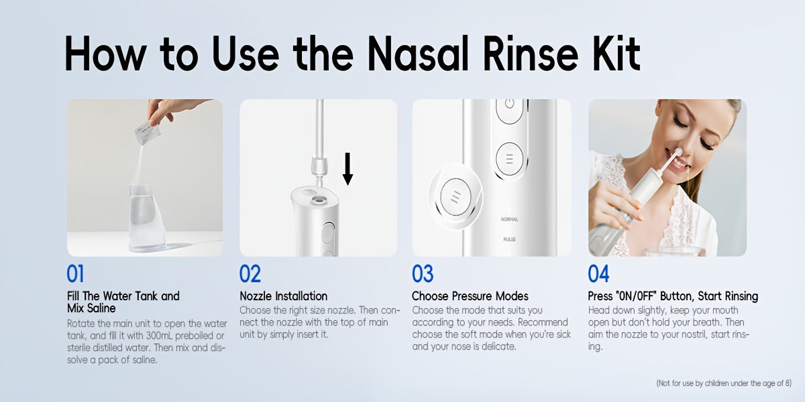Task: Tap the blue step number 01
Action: point(75,274)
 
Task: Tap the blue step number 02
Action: point(250,274)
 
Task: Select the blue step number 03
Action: point(423,274)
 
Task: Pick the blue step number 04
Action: point(598,274)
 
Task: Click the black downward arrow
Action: point(347,169)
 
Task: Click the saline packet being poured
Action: point(148,133)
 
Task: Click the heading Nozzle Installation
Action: point(284,296)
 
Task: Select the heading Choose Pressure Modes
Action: point(470,296)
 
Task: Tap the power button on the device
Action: point(510,108)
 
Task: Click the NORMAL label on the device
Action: point(510,219)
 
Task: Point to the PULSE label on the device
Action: point(510,239)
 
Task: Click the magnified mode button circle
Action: point(455,197)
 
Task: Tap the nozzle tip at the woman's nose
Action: point(678,152)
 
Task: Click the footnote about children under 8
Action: point(724,383)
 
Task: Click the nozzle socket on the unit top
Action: point(317,200)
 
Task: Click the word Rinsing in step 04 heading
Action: point(741,296)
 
